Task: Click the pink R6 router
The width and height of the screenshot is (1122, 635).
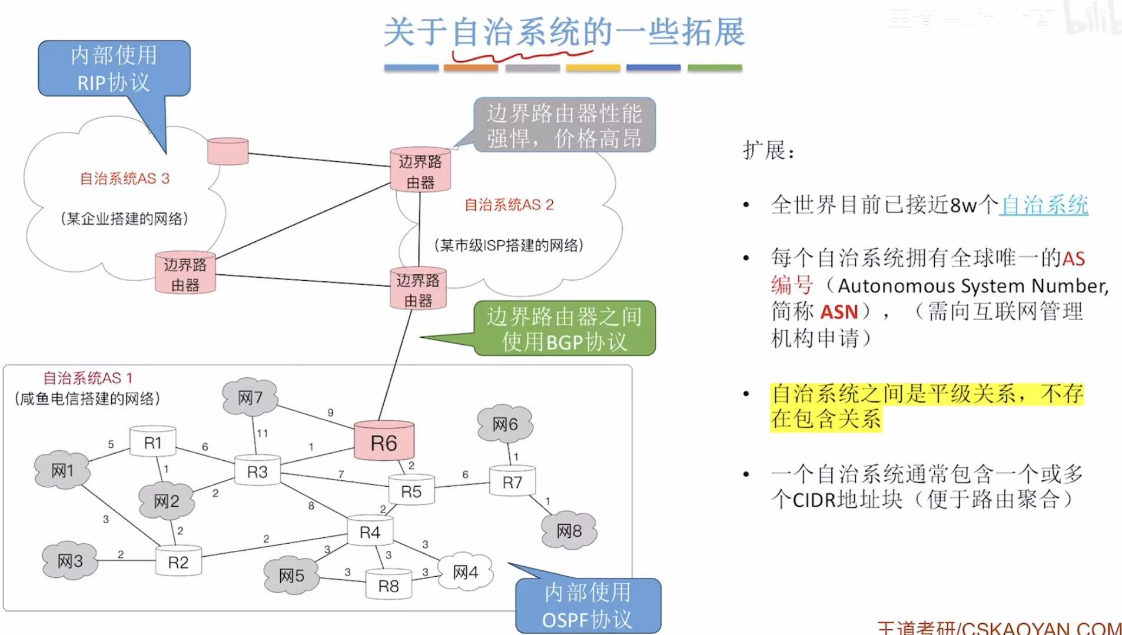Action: click(x=384, y=441)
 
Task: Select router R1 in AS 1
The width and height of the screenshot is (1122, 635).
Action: click(x=152, y=442)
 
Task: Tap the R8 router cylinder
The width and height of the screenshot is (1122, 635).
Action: click(x=388, y=585)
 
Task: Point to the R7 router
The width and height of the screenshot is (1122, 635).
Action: click(x=512, y=482)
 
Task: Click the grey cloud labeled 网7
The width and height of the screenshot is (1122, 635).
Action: click(x=250, y=398)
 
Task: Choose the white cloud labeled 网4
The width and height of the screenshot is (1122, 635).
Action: click(x=465, y=571)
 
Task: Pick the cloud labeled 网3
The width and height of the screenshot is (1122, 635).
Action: click(x=69, y=561)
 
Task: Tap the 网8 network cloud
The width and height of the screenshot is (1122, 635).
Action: click(x=569, y=530)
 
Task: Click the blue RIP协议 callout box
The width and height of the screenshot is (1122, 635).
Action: click(x=114, y=68)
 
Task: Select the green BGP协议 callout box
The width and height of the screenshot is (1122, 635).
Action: click(x=564, y=328)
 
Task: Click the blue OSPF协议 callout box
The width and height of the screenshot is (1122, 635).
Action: click(x=587, y=606)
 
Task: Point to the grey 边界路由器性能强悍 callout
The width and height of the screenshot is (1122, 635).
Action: click(x=564, y=125)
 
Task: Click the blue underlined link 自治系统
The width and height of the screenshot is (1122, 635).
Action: click(x=1043, y=205)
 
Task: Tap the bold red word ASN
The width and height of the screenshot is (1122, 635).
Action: click(x=839, y=311)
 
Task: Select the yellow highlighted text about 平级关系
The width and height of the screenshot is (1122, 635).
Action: click(x=926, y=406)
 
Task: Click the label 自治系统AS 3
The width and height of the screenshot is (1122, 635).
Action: click(x=124, y=178)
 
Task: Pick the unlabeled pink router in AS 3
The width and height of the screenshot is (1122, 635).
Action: click(x=228, y=151)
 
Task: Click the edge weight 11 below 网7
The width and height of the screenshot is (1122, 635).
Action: click(x=263, y=433)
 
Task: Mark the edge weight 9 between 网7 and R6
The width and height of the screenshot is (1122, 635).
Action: click(x=330, y=413)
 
